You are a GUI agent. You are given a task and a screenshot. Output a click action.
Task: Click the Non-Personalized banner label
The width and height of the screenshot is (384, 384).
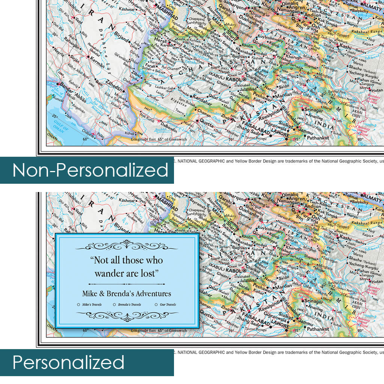[x=90, y=170]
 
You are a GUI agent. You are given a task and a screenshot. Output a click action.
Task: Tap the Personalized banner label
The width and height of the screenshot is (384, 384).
[x=68, y=363]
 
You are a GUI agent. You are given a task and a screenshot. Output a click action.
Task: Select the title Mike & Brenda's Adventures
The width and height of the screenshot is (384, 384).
[x=126, y=294]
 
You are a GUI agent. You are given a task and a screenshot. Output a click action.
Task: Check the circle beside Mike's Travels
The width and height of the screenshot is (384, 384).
[x=78, y=304]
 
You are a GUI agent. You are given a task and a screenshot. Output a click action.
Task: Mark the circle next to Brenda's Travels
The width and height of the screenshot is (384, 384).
[x=114, y=304]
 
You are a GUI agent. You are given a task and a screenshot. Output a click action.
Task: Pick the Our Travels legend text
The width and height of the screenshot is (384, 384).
[x=168, y=304]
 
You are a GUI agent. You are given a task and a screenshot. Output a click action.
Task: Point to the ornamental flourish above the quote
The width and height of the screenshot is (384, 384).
[x=126, y=246]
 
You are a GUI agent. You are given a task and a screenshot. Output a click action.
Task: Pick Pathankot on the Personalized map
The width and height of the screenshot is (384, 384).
[x=318, y=330]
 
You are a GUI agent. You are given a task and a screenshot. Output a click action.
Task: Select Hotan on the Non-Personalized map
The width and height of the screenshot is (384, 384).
[x=376, y=90]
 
